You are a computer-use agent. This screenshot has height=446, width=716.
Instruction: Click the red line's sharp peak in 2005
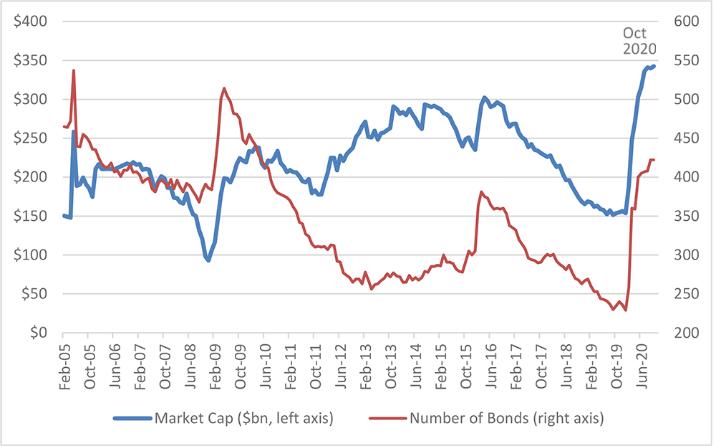(x=74, y=70)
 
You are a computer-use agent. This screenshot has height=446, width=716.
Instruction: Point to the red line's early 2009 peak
(x=224, y=88)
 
